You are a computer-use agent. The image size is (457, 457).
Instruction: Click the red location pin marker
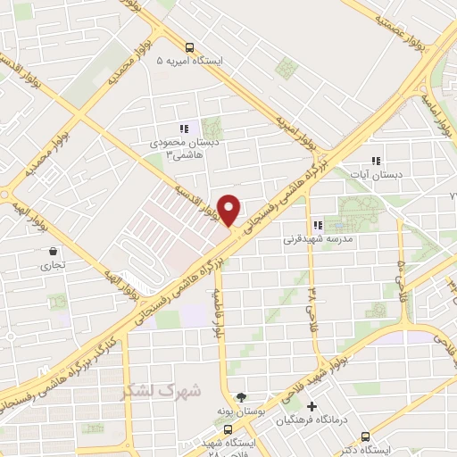tap(229, 209)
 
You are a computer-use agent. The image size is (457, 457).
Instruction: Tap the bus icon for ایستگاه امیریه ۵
tap(188, 48)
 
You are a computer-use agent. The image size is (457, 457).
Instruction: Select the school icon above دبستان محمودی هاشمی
tap(184, 129)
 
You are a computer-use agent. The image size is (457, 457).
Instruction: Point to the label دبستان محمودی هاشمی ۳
tap(185, 147)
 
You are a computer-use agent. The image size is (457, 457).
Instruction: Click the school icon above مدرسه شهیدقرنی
tap(317, 226)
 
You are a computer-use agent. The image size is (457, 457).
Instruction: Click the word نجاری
tap(46, 265)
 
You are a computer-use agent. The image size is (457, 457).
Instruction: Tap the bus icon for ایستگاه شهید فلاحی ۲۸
tap(227, 429)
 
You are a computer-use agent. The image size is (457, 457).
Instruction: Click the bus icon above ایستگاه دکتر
tap(367, 437)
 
